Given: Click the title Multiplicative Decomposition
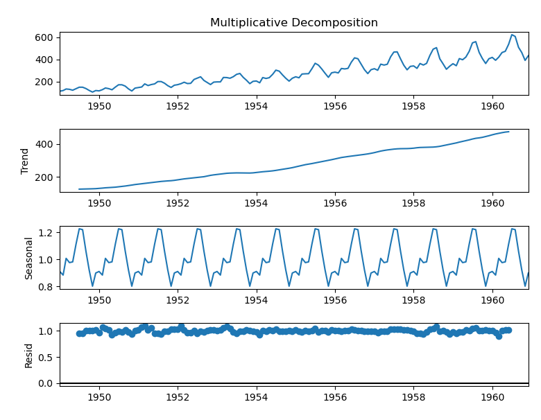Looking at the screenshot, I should pos(294,23).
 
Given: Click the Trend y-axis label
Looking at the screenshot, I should pos(26,161).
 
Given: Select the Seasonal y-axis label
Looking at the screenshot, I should pos(29,258).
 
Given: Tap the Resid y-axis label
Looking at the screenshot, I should pos(29,355).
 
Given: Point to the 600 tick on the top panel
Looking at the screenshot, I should pos(46,37).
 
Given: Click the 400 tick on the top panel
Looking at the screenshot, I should pos(46,60).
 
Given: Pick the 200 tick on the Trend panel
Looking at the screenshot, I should pos(46,177).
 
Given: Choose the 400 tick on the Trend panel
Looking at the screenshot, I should pos(46,144).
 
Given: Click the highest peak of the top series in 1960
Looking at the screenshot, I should pos(512,35).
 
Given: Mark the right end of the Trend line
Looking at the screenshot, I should pos(508,132).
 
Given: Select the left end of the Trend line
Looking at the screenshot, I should pos(79,189).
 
